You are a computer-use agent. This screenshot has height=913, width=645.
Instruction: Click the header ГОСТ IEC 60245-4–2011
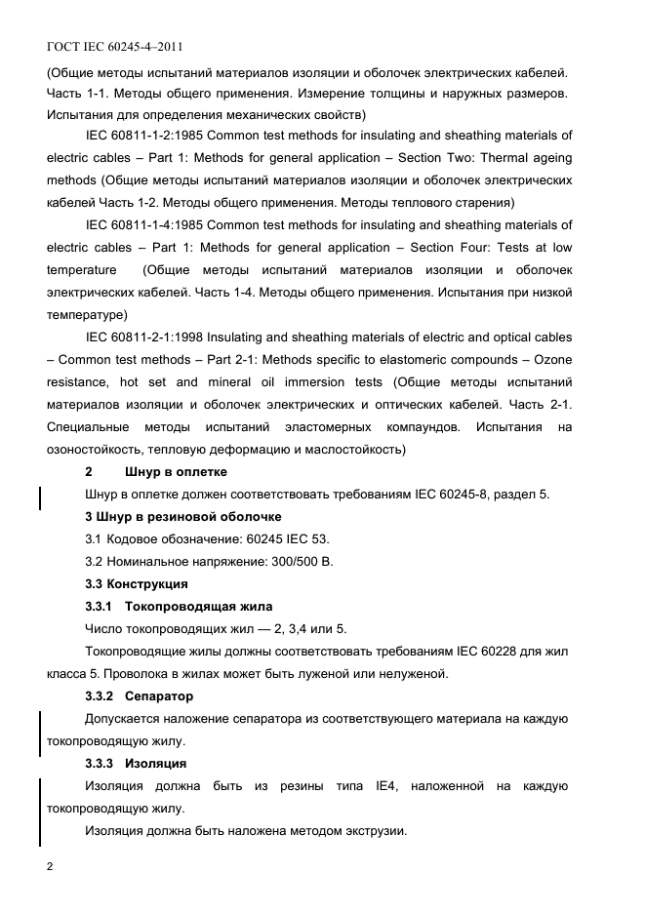coord(114,46)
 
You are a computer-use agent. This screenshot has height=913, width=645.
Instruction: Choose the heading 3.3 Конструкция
coord(137,584)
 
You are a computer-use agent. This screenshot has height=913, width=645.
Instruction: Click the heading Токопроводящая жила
coord(200,607)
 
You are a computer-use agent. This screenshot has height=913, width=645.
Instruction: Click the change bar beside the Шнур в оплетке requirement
coord(39,496)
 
